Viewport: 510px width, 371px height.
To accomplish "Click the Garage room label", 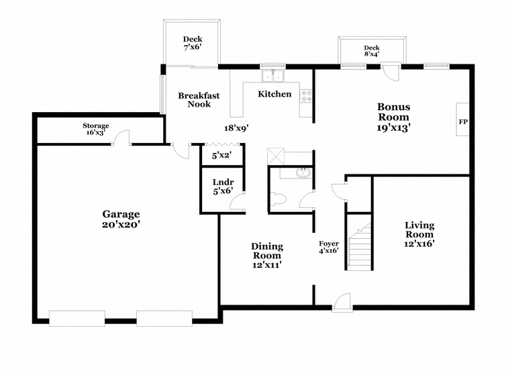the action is point(121,214).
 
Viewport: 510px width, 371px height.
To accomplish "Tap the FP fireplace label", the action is point(463,122).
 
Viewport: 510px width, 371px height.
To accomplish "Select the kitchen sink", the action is point(273,76).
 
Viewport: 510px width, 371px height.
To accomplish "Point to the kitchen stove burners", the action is point(306,96).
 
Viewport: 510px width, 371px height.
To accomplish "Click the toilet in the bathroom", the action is point(278,199).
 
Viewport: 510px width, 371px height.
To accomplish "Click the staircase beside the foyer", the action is point(360,246).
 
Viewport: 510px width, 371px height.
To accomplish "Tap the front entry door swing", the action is point(342,302).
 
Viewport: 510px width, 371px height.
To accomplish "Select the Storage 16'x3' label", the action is point(95,129).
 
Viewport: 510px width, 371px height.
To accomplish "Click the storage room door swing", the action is point(121,137).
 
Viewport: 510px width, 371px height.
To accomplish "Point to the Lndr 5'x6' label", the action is point(223,187).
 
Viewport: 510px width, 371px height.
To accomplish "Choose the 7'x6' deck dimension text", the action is point(193,47).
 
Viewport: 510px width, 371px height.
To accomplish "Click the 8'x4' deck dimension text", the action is point(372,54).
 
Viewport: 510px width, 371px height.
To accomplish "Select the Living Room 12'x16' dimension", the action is point(419,244).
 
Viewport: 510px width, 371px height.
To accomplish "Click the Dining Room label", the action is point(267,251).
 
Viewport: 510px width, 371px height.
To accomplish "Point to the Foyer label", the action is point(329,244).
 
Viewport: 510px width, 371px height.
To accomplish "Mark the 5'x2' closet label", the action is point(221,156).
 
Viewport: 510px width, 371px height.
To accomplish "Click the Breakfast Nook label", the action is point(199,100).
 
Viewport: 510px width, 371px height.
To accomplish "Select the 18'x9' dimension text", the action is point(236,128).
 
